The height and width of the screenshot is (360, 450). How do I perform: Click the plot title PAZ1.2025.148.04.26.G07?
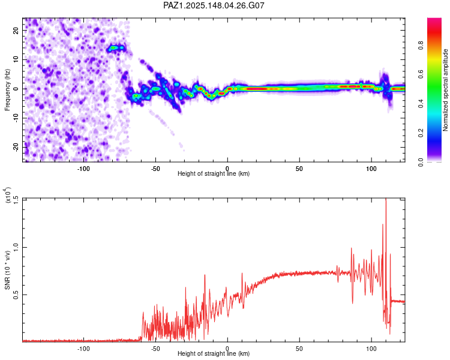pos(214,5)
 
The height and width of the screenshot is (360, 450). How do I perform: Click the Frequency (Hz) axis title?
pos(7,90)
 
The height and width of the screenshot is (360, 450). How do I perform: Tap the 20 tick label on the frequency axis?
pos(16,30)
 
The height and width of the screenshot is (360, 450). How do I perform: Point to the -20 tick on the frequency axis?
pos(16,147)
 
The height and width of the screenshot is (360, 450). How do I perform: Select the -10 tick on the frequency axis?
pos(16,118)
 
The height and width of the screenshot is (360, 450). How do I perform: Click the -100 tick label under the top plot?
pos(83,169)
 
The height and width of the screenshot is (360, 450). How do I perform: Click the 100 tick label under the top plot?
pos(371,169)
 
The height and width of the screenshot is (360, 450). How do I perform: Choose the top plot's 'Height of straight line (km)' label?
pos(214,173)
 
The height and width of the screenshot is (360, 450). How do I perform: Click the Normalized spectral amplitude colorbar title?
pos(445,90)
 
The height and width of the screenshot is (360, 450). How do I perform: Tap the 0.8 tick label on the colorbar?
pos(421,45)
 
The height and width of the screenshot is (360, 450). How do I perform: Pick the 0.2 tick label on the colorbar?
pos(421,133)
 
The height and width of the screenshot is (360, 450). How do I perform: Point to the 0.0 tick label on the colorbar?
pos(421,162)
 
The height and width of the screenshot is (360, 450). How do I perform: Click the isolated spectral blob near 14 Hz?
pos(116,48)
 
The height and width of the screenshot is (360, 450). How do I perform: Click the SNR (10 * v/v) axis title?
pos(7,270)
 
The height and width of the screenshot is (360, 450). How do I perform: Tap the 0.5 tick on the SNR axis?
pos(16,295)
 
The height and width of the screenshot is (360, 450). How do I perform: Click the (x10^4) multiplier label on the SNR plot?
pos(7,195)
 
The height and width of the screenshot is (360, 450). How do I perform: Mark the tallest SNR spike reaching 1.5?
pos(386,200)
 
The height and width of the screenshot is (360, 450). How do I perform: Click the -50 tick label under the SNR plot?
pos(155,349)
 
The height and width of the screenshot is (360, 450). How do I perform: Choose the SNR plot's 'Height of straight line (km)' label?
pos(214,353)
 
